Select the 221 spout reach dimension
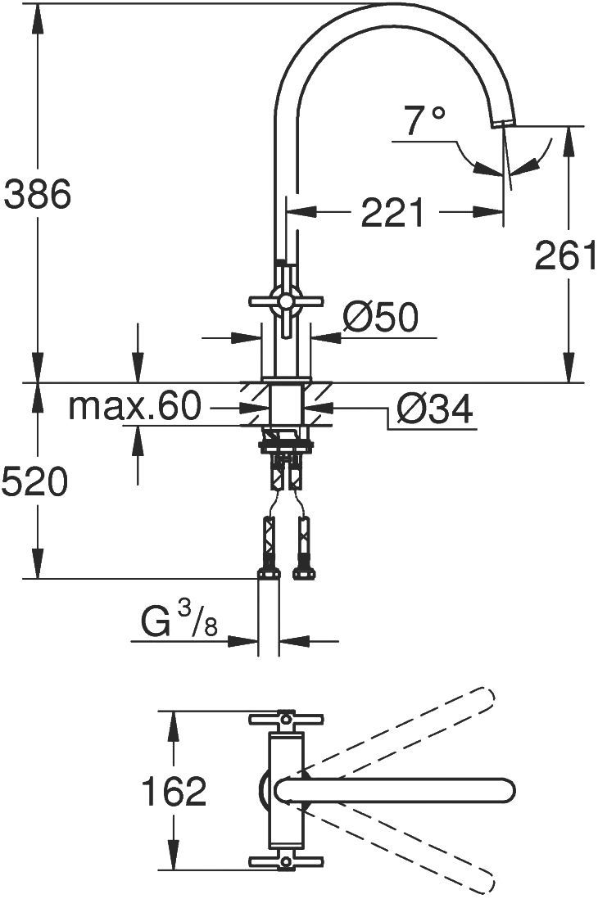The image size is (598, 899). pos(394,213)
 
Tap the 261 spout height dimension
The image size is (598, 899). pos(564,256)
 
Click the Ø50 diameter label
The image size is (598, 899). pos(380,317)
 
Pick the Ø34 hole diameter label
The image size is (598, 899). pos(434,409)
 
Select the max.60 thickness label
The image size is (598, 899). pos(135,405)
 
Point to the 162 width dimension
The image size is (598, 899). pos(174,792)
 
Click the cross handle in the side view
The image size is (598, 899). pos(284,302)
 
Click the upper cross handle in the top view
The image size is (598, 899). pos(284,719)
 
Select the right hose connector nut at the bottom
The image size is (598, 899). pos(304,572)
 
